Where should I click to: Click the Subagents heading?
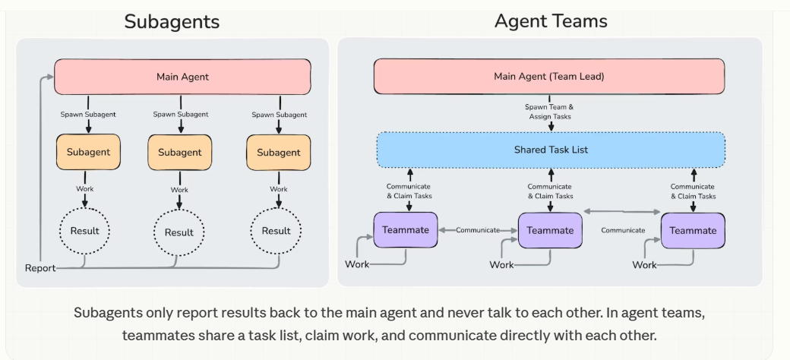(x=172, y=21)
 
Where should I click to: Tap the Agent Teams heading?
(x=551, y=21)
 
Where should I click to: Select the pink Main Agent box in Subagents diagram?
(x=182, y=77)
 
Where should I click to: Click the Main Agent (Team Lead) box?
(x=549, y=77)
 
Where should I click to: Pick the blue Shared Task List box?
(x=551, y=150)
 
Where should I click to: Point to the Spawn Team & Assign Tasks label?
(x=548, y=112)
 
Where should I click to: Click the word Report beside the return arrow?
(x=39, y=268)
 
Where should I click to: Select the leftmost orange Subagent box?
(x=88, y=152)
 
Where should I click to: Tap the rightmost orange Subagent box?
(x=278, y=152)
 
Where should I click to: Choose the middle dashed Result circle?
(x=179, y=232)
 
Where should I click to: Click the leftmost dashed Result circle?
(x=85, y=230)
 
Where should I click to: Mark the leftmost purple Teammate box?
(x=406, y=230)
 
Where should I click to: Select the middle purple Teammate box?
(x=550, y=230)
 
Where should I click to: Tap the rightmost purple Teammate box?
(x=693, y=230)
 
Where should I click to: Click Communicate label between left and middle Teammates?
(x=478, y=230)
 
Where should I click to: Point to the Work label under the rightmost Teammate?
(x=644, y=265)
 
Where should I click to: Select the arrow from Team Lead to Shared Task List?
(x=550, y=126)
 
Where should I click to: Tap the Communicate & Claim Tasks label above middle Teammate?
(x=550, y=191)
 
